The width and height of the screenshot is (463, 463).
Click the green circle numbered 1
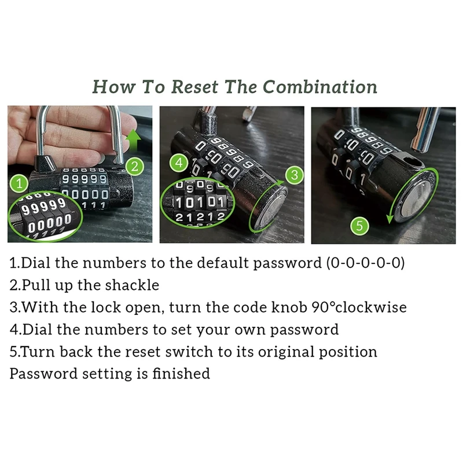click(x=19, y=183)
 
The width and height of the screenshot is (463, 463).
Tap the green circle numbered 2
click(x=135, y=167)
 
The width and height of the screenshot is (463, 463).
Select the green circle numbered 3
click(x=295, y=175)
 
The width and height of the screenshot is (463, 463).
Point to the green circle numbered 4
click(x=179, y=163)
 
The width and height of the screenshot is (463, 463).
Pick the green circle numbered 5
click(x=359, y=226)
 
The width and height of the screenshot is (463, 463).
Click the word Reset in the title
click(x=195, y=87)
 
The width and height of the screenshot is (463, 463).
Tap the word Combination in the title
click(x=320, y=87)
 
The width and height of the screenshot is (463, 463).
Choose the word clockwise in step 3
click(x=371, y=307)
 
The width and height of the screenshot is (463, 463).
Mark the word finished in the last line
click(x=181, y=373)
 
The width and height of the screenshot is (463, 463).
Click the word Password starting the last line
click(x=43, y=373)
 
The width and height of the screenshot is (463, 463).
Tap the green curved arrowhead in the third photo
click(x=389, y=219)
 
